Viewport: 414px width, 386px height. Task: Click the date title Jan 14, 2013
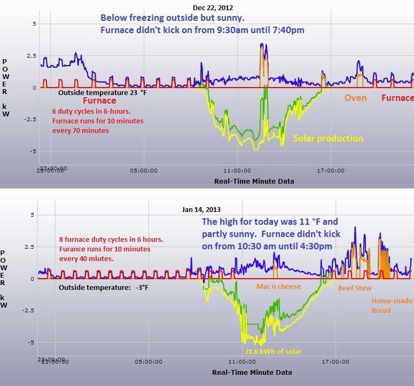pos(200,210)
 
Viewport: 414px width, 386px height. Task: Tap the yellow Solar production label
pos(328,139)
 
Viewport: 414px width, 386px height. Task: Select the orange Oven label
pos(355,98)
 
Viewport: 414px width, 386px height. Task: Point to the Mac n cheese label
pos(278,287)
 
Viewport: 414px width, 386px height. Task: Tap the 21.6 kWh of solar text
pos(273,351)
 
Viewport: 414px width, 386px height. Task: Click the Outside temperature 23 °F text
pos(102,91)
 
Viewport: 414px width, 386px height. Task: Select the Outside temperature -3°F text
pos(103,287)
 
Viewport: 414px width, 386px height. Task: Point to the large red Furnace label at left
pos(99,100)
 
